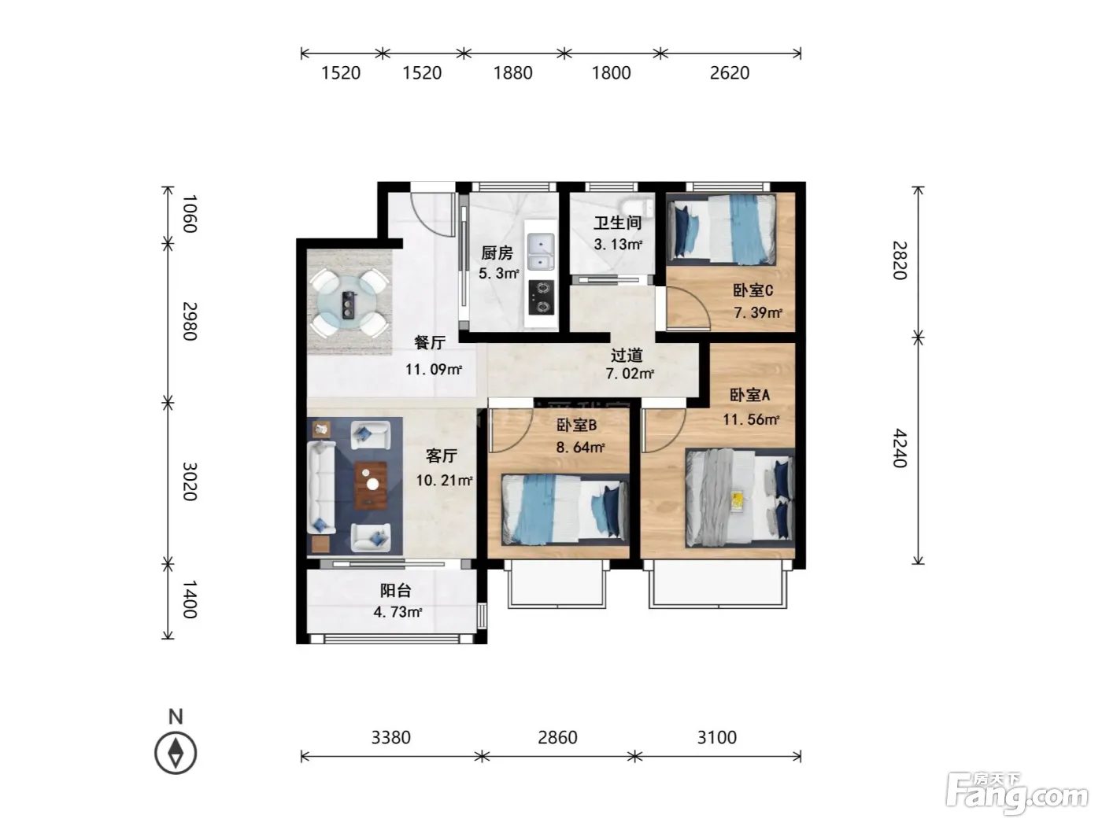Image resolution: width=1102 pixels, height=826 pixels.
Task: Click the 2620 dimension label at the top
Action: pyautogui.click(x=729, y=73)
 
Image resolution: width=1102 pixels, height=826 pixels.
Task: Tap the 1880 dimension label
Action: pyautogui.click(x=512, y=73)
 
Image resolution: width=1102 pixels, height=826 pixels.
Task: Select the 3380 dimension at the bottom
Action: pyautogui.click(x=390, y=738)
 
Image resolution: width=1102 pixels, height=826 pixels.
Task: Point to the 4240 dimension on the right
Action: pyautogui.click(x=900, y=448)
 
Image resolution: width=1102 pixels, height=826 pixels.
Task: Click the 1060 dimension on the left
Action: pyautogui.click(x=189, y=214)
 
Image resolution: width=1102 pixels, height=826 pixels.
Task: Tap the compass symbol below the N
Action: pyautogui.click(x=176, y=754)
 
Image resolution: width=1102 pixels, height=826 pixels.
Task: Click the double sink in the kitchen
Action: pyautogui.click(x=541, y=252)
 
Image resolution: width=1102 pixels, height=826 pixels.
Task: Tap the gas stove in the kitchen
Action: pyautogui.click(x=542, y=297)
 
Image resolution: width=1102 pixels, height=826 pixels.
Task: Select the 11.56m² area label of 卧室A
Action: pyautogui.click(x=751, y=419)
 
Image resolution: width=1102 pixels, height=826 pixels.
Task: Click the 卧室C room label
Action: pyautogui.click(x=753, y=290)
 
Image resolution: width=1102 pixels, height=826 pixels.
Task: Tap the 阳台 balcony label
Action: pyautogui.click(x=395, y=591)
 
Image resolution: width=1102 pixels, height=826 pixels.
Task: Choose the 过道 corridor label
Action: pyautogui.click(x=627, y=356)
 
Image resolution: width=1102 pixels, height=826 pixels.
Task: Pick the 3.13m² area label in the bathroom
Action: pyautogui.click(x=618, y=245)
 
